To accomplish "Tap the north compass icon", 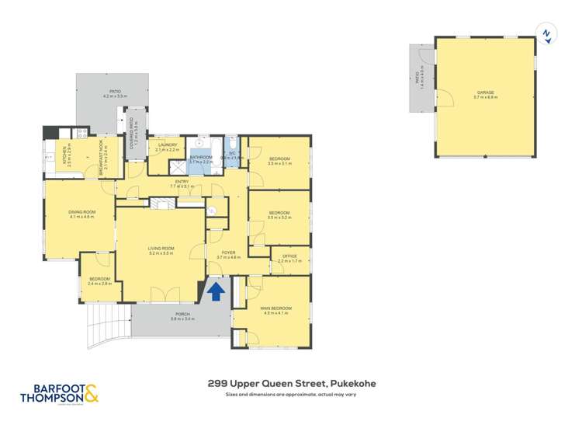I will (x=546, y=33).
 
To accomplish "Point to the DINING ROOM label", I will (x=81, y=214).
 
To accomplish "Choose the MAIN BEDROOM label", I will (x=275, y=309).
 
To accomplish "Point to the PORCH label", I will (x=182, y=316).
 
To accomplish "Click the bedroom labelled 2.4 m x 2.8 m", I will (x=99, y=281).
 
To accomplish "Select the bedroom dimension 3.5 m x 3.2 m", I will (x=279, y=218).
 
